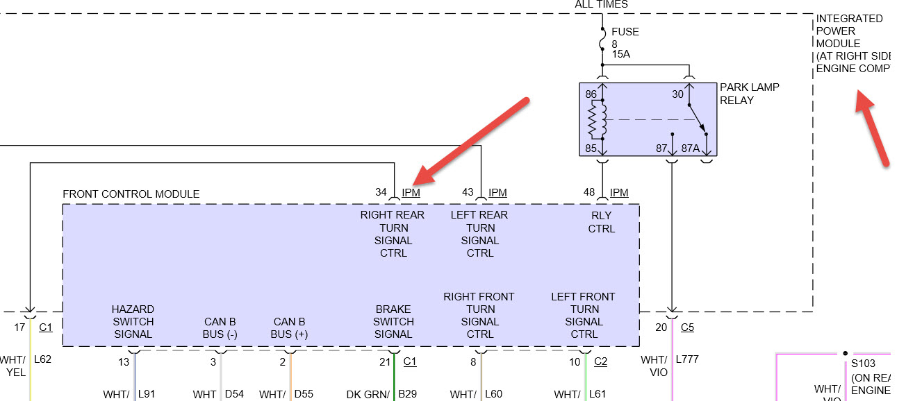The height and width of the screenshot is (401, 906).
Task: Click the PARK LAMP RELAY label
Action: point(749,94)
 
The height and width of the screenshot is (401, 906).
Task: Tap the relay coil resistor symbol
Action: point(593,119)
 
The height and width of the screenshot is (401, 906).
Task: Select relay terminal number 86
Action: point(591,94)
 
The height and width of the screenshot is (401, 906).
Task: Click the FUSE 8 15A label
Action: point(625,43)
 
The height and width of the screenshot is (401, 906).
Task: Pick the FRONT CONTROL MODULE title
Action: point(131,194)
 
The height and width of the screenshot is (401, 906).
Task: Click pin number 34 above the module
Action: point(380,192)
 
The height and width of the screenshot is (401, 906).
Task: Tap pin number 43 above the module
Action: point(468,192)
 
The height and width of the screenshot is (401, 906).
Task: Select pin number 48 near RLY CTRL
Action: point(589,192)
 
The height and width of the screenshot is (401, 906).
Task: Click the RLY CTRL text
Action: point(602,222)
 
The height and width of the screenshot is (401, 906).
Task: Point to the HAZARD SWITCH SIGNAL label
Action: point(133,321)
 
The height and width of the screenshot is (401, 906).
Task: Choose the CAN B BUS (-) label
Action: point(220,328)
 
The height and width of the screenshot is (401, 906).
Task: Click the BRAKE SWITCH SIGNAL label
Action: point(393,321)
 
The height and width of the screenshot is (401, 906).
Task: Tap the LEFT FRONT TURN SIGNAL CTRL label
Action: point(584,315)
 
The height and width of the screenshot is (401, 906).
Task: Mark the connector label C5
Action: point(687,327)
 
